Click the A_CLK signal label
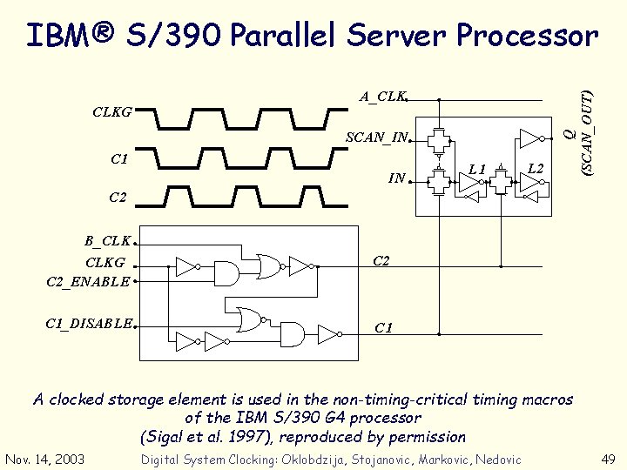coord(382,97)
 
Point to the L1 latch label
coord(475,168)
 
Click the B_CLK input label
coord(107,240)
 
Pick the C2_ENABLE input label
coord(88,281)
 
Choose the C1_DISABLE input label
coord(89,324)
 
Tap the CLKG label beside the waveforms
coord(112,112)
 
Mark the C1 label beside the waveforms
coord(119,159)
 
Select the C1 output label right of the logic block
coord(383,327)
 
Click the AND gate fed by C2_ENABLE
coord(226,274)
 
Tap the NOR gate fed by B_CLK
coord(267,265)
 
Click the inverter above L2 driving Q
coord(529,137)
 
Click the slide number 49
coord(608,459)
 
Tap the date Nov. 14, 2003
coord(44,459)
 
